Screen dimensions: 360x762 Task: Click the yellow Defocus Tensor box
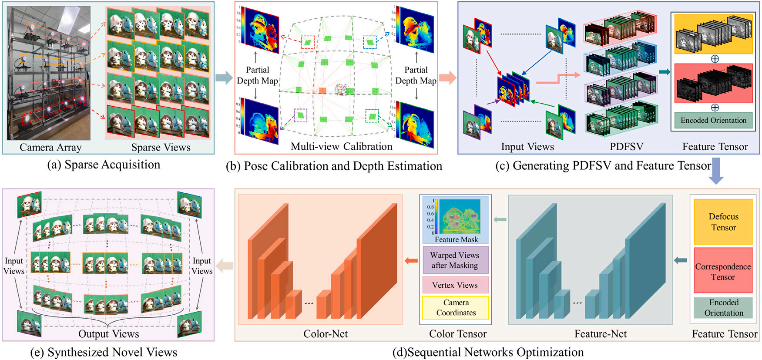click(x=723, y=222)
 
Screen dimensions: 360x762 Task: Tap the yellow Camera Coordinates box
click(x=455, y=308)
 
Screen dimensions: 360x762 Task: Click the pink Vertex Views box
click(x=455, y=285)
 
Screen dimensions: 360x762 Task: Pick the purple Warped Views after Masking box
click(x=455, y=260)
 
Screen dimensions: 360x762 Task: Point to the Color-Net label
click(x=326, y=334)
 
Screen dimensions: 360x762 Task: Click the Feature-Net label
click(x=600, y=334)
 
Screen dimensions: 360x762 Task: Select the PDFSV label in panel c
click(x=626, y=147)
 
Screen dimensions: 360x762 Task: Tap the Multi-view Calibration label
click(x=342, y=147)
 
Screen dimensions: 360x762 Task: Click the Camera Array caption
click(x=50, y=148)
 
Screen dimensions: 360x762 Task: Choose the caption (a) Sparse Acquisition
click(x=104, y=165)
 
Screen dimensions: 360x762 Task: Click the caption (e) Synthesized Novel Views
click(x=104, y=352)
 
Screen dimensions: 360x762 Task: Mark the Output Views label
click(x=109, y=334)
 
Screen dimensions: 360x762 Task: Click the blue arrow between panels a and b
click(x=224, y=78)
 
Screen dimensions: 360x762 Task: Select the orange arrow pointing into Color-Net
click(x=411, y=261)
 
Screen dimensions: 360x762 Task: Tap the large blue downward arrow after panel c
click(x=716, y=171)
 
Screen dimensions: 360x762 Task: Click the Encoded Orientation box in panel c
click(x=713, y=121)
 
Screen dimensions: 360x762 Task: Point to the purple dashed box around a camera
click(x=300, y=116)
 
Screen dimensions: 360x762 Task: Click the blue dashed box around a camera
click(x=369, y=42)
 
